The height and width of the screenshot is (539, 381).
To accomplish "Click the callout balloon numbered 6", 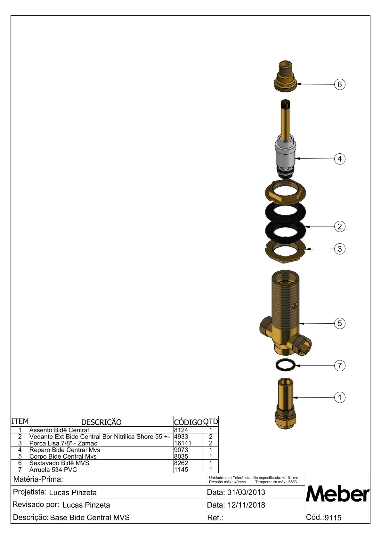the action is [340, 84].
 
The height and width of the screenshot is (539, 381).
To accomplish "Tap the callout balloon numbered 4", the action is [340, 159].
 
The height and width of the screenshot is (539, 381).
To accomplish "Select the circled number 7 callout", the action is [340, 366].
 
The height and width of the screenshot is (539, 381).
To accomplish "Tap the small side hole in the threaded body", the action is [295, 306].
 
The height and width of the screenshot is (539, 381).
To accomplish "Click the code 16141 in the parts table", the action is [183, 443].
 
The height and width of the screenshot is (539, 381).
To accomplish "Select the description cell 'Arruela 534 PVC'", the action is [53, 470].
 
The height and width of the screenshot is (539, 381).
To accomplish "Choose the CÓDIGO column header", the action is [188, 422].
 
